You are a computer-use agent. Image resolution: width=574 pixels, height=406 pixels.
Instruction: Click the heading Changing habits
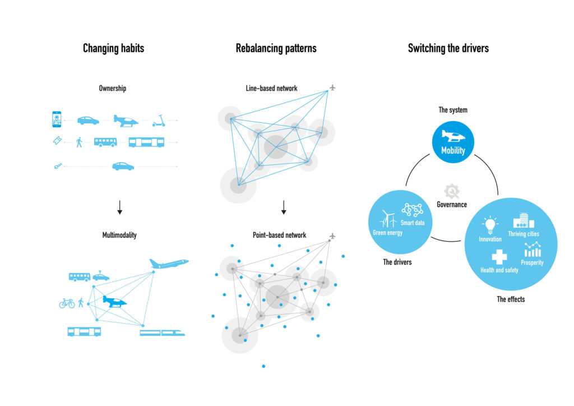(113, 48)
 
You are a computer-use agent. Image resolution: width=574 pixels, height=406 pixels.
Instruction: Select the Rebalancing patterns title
(276, 48)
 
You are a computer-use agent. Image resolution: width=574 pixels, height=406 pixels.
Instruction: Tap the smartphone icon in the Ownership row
(56, 119)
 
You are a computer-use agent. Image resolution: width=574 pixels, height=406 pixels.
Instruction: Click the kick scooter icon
(159, 121)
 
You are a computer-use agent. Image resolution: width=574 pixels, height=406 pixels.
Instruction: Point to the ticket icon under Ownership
(57, 142)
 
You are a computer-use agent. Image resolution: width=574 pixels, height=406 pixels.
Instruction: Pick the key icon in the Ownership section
(57, 166)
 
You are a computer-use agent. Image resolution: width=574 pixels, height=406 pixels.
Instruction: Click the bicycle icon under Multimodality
(67, 303)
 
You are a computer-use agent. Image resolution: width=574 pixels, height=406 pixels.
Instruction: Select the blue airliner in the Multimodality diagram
(169, 262)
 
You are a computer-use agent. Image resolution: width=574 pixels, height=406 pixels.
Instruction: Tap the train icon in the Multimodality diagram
(163, 333)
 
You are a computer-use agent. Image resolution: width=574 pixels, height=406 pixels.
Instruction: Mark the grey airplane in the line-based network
(332, 87)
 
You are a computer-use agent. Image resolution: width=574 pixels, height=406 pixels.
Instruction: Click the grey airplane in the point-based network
(332, 236)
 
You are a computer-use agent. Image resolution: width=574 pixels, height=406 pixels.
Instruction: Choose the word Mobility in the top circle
(453, 150)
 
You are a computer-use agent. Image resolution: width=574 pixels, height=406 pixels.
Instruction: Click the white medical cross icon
(499, 257)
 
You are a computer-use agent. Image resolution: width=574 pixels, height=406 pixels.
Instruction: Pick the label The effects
(511, 299)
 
